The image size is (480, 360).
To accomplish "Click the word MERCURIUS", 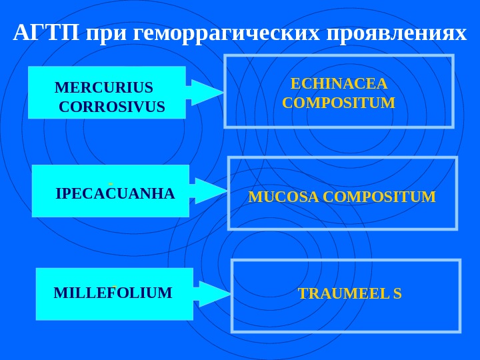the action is pyautogui.click(x=103, y=88).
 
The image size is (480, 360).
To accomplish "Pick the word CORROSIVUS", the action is pyautogui.click(x=111, y=107).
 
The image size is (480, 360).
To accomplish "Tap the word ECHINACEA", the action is pyautogui.click(x=339, y=84).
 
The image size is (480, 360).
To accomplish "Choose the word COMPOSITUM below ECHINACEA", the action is pyautogui.click(x=339, y=103).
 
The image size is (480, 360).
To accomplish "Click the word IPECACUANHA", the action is pyautogui.click(x=115, y=194).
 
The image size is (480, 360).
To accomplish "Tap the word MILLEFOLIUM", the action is pyautogui.click(x=113, y=293).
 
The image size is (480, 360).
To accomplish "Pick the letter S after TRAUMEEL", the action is pyautogui.click(x=397, y=294).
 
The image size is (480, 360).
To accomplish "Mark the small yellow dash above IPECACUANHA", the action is pyautogui.click(x=111, y=182).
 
